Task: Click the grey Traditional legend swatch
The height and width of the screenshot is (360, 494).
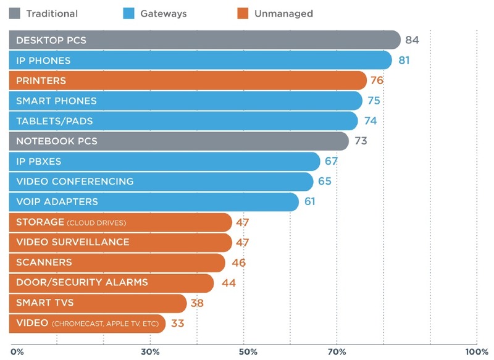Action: pyautogui.click(x=15, y=14)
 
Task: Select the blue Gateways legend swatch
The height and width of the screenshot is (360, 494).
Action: pyautogui.click(x=130, y=14)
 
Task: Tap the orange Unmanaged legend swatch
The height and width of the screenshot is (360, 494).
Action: pyautogui.click(x=243, y=14)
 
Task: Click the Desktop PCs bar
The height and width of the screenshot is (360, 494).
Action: pyautogui.click(x=204, y=40)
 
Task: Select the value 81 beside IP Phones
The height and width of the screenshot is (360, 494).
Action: pyautogui.click(x=404, y=61)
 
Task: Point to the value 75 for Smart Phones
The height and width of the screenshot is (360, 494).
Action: pyautogui.click(x=374, y=101)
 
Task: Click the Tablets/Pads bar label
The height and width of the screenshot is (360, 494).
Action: pyautogui.click(x=54, y=121)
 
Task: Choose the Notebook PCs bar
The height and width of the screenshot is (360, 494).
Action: pyautogui.click(x=179, y=141)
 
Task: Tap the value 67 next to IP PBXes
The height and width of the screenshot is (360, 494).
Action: pyautogui.click(x=332, y=161)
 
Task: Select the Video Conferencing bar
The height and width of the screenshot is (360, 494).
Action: pyautogui.click(x=161, y=182)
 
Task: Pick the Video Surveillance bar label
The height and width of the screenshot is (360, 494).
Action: pyautogui.click(x=73, y=242)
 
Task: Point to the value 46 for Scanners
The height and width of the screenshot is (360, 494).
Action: pyautogui.click(x=238, y=262)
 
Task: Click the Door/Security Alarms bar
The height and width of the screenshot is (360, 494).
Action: pyautogui.click(x=111, y=282)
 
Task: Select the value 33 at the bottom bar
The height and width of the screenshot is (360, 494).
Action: pyautogui.click(x=178, y=323)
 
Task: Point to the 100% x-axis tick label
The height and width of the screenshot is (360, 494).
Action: pyautogui.click(x=475, y=351)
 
